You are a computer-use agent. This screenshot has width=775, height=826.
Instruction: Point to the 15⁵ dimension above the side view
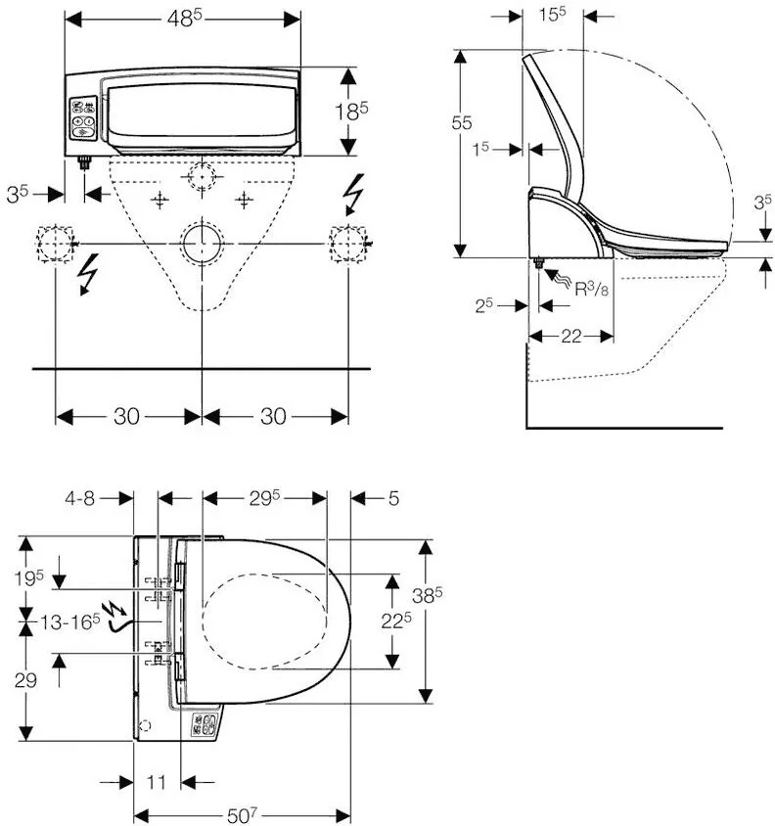[554, 15]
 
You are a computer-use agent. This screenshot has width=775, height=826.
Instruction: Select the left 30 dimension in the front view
[127, 416]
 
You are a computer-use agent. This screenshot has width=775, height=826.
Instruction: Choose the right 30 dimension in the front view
[275, 416]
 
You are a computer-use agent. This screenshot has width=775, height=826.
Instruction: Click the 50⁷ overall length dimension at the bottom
[242, 814]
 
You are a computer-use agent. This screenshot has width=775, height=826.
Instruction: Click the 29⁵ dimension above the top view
[263, 498]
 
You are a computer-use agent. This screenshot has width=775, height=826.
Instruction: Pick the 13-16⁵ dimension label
[70, 619]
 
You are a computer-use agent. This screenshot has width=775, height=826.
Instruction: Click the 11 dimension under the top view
[158, 782]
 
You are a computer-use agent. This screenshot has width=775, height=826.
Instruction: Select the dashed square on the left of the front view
[55, 242]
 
